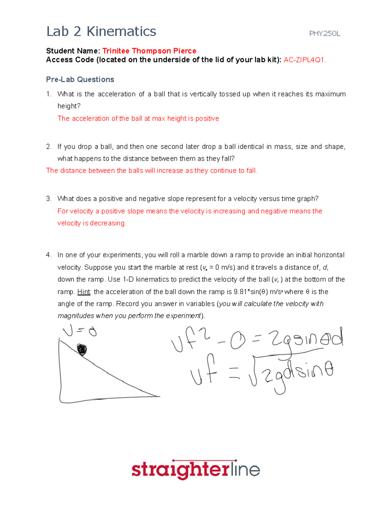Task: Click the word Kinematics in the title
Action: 121,32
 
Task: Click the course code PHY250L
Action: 324,34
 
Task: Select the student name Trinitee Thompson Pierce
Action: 149,51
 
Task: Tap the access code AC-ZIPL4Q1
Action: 304,60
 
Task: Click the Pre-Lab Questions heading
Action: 80,79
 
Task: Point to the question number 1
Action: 49,94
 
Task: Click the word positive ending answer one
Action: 207,119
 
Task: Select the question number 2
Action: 49,147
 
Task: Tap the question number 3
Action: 49,199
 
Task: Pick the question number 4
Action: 49,255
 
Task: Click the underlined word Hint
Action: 84,292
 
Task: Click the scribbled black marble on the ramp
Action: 82,350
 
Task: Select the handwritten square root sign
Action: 254,375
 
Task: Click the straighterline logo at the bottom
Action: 196,470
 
